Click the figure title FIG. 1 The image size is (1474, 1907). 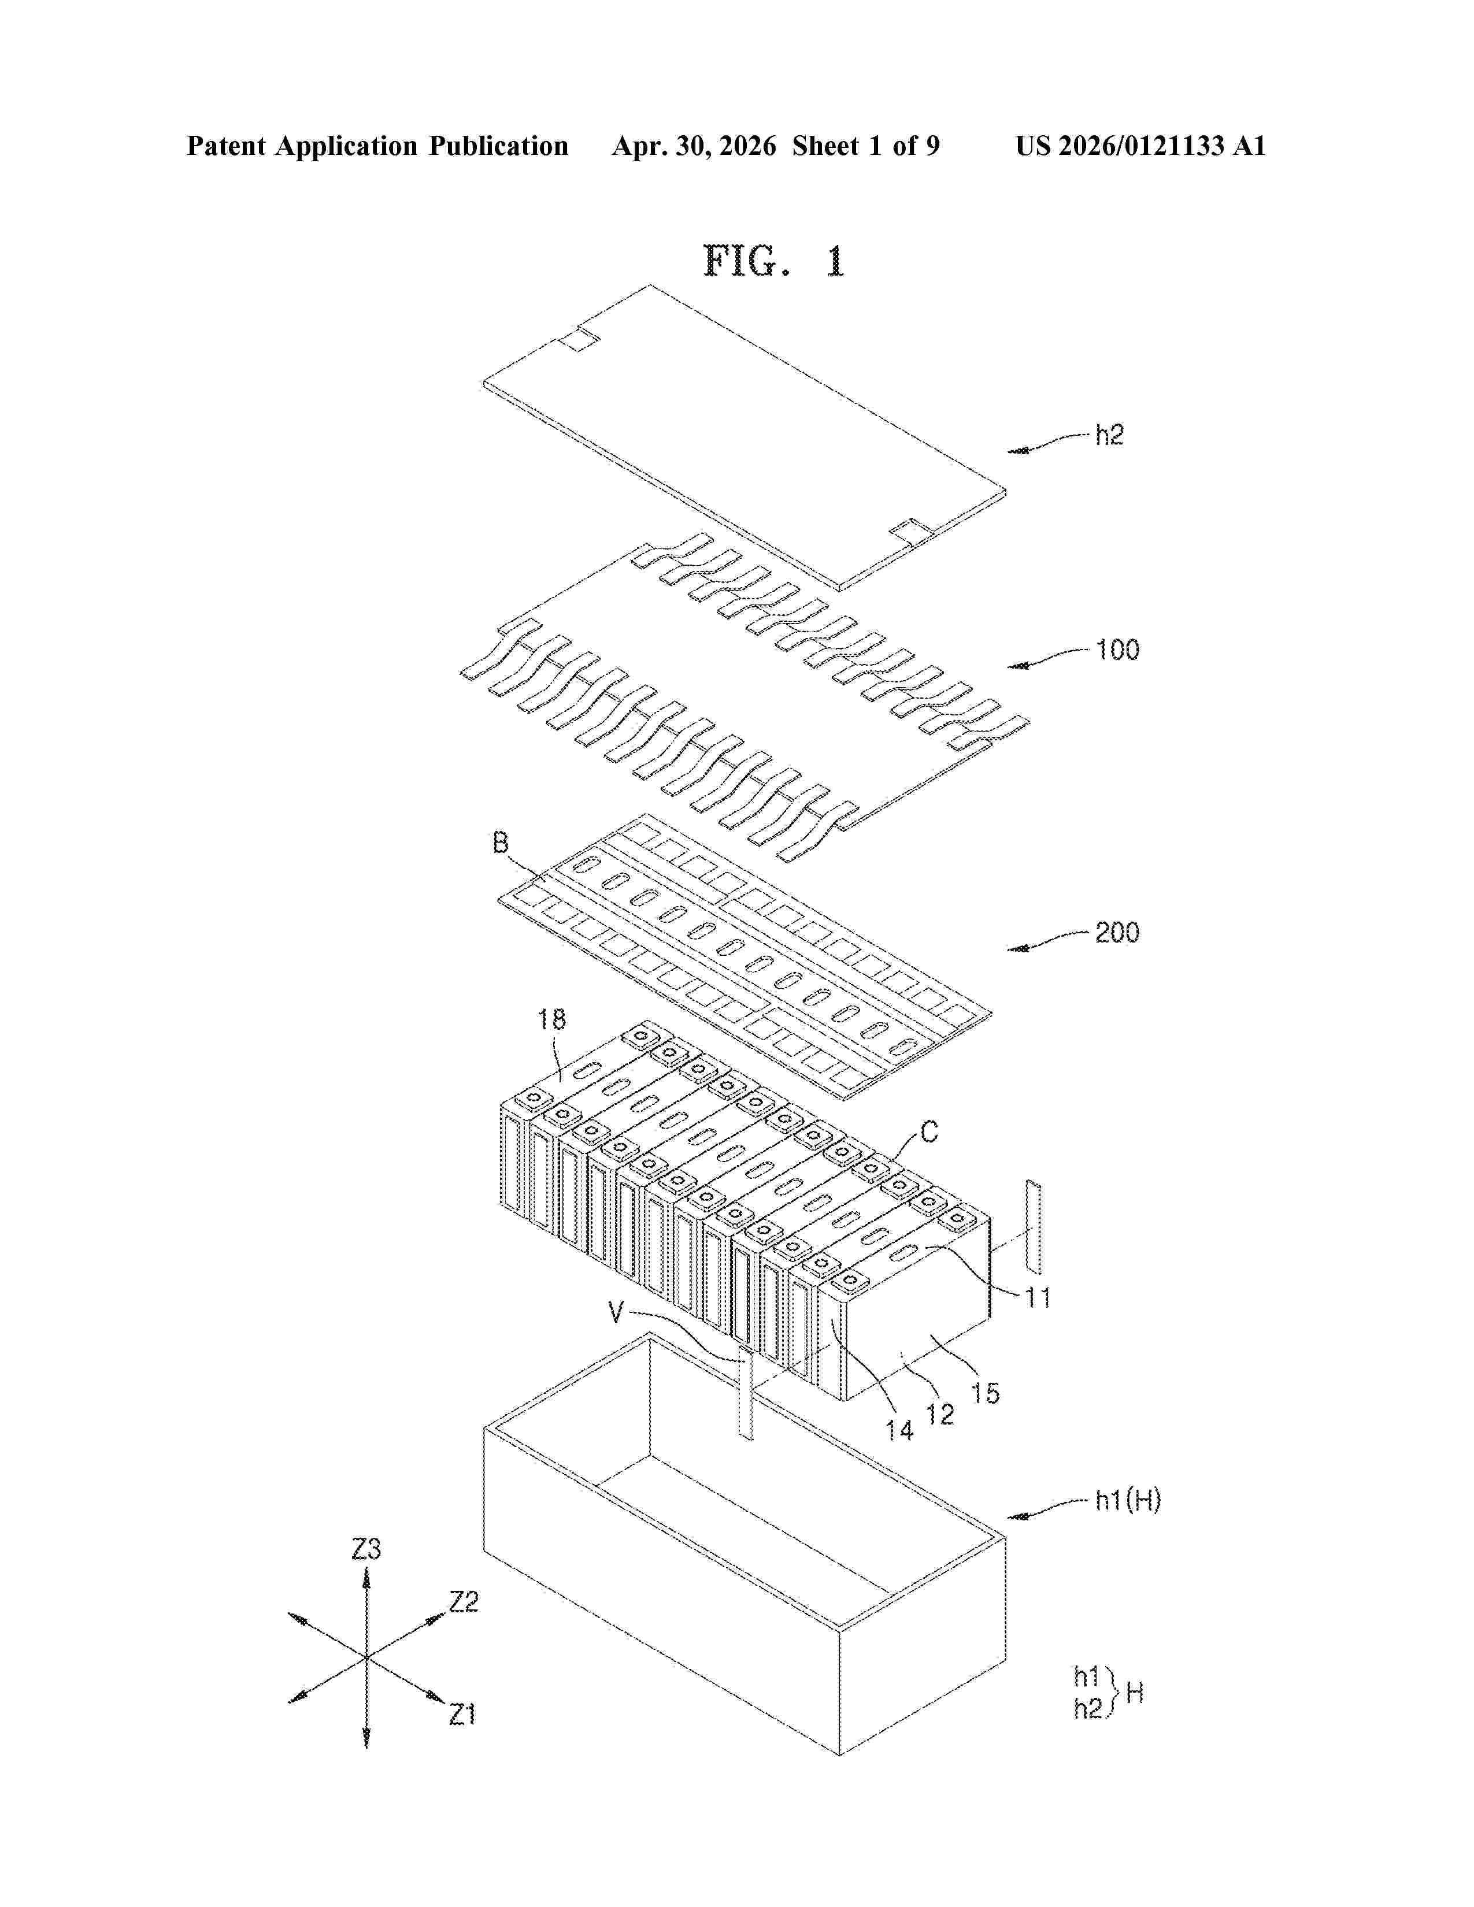click(x=775, y=261)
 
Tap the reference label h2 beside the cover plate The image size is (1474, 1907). click(x=1109, y=435)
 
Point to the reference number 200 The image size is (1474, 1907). click(x=1118, y=933)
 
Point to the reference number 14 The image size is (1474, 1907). click(x=899, y=1430)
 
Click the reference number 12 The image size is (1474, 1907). click(x=939, y=1415)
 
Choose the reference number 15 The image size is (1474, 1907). click(x=985, y=1394)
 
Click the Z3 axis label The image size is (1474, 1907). click(x=366, y=1549)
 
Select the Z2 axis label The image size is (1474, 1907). click(x=464, y=1601)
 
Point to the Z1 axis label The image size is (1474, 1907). click(x=463, y=1715)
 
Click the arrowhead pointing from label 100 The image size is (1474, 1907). click(x=1017, y=666)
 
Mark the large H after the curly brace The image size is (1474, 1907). click(x=1134, y=1694)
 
